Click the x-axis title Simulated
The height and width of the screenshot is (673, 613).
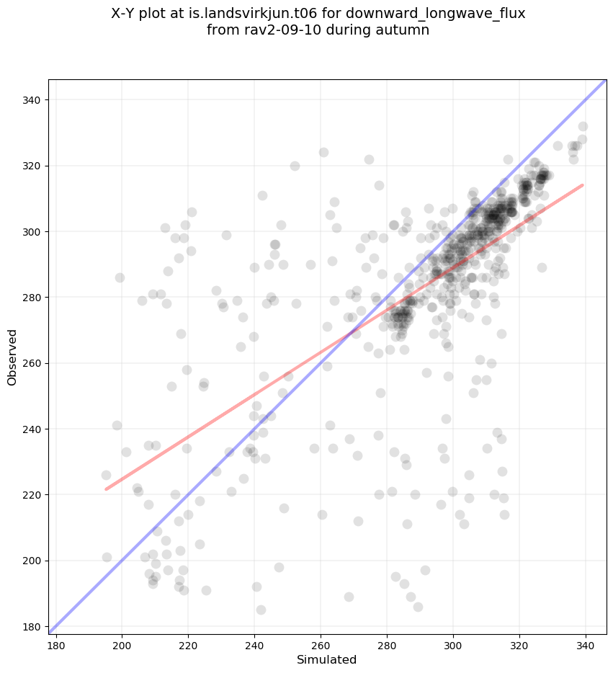coord(327,659)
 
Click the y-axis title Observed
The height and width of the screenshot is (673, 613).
coord(13,357)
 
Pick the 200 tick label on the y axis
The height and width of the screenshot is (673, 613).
coord(31,561)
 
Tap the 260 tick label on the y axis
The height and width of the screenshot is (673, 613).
coord(31,363)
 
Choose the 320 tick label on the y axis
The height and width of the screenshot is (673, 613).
coord(31,166)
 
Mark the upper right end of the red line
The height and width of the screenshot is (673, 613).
coord(583,185)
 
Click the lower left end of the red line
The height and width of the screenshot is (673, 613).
coord(106,489)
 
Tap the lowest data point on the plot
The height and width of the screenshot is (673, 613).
coord(261,610)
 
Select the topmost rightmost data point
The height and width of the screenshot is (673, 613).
coord(583,127)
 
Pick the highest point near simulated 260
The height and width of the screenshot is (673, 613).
coord(323,152)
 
